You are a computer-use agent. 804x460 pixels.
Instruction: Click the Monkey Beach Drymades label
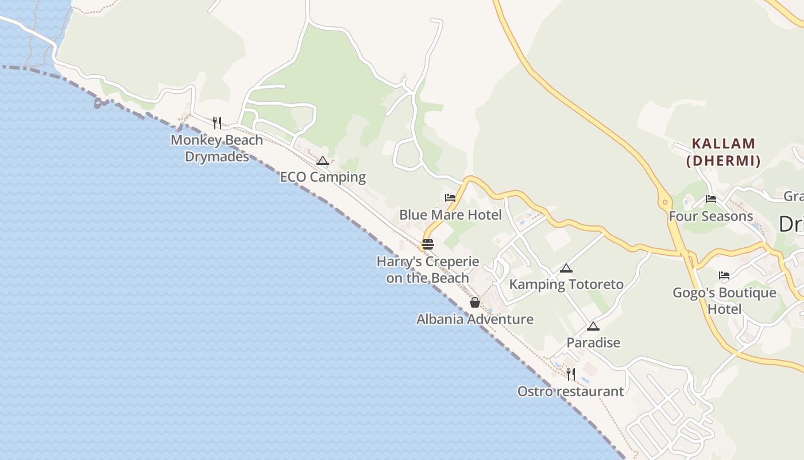coord(217,148)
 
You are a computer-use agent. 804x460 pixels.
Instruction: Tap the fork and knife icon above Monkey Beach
coord(217,122)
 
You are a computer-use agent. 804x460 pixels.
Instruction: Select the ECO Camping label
coord(323,177)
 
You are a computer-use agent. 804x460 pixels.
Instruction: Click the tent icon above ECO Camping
coord(323,161)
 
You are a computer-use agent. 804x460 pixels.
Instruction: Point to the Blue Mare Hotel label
coord(450,215)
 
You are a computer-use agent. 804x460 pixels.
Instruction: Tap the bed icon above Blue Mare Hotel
coord(450,198)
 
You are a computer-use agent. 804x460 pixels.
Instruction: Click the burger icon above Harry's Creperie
coord(428,244)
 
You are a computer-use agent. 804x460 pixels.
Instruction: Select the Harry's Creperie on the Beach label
coord(428,270)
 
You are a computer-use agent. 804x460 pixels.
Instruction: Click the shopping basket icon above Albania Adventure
coord(475,302)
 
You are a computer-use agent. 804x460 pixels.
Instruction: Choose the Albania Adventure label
coord(475,319)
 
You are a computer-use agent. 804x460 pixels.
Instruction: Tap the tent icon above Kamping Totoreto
coord(566,268)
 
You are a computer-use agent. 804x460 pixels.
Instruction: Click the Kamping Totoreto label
coord(566,285)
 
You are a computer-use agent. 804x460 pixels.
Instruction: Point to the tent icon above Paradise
coord(593,327)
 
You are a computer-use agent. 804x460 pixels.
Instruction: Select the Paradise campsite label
coord(593,343)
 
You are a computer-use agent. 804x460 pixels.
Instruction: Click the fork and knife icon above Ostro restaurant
coord(570,374)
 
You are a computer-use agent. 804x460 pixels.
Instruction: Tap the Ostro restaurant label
coord(570,392)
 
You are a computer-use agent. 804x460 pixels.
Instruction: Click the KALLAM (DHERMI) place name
coord(724,152)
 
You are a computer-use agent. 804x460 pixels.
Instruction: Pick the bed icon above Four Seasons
coord(711,199)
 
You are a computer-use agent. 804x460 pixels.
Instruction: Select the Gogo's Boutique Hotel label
coord(724,301)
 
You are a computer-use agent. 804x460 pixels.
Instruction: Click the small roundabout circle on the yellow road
coord(665,202)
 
